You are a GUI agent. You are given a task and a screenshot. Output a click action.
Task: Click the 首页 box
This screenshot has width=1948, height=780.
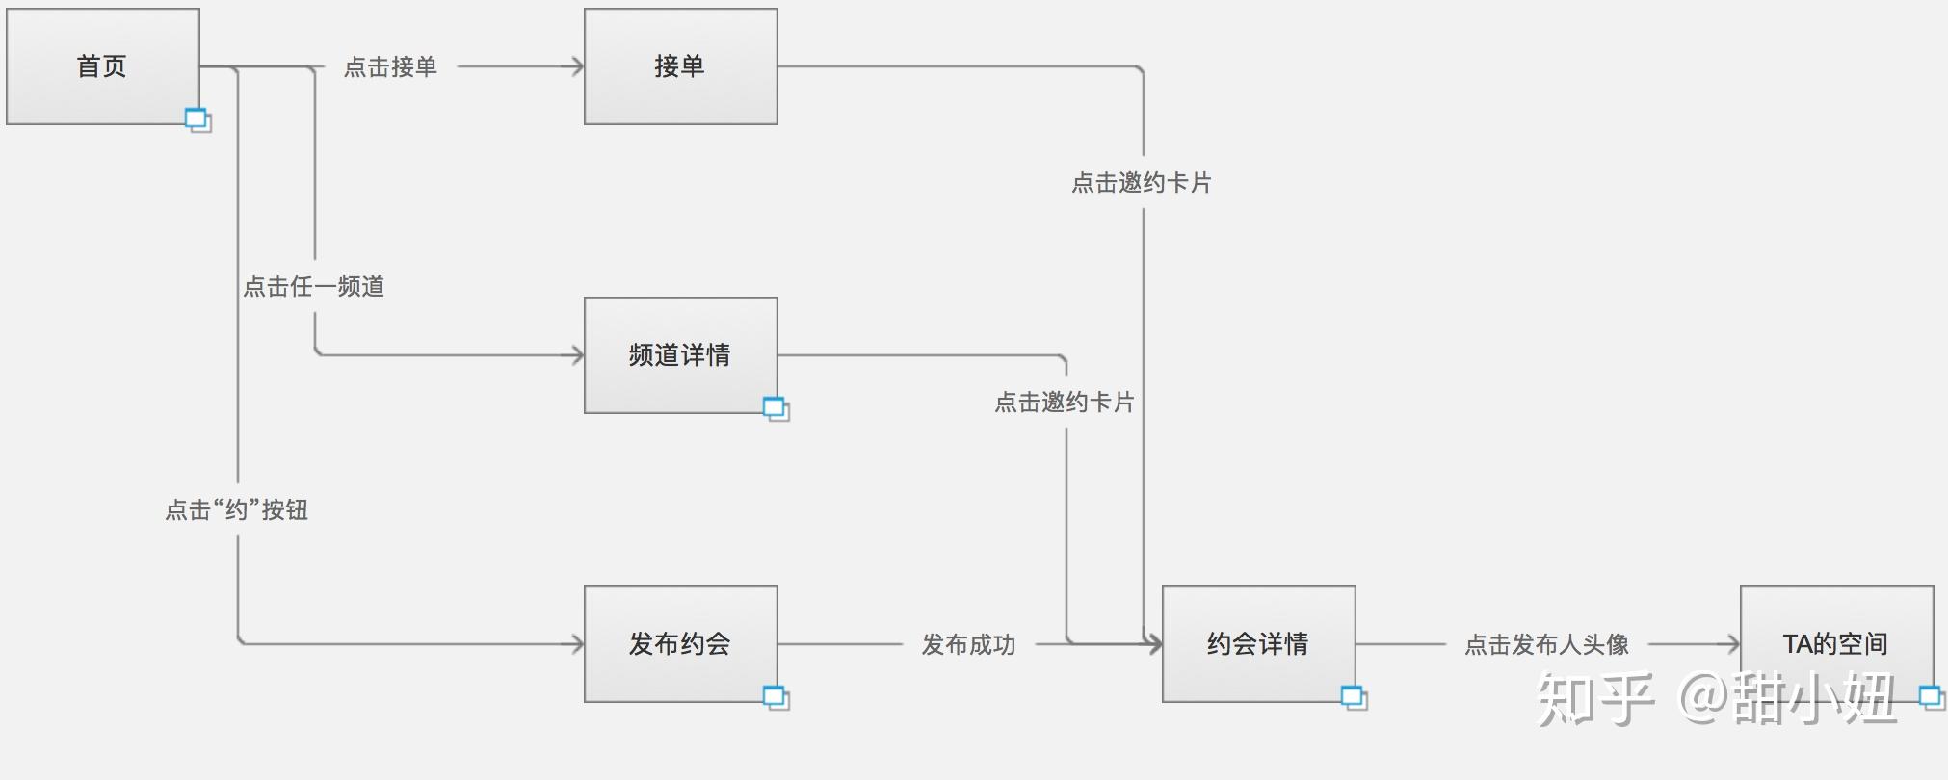pyautogui.click(x=102, y=66)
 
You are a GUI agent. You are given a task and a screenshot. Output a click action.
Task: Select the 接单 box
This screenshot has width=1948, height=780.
pyautogui.click(x=680, y=66)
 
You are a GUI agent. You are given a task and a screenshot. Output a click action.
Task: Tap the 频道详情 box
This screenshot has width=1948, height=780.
pyautogui.click(x=680, y=355)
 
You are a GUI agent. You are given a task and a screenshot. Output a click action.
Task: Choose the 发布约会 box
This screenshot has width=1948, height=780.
pyautogui.click(x=680, y=644)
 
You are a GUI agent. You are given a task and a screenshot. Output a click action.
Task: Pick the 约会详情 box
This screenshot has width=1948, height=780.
pyautogui.click(x=1258, y=644)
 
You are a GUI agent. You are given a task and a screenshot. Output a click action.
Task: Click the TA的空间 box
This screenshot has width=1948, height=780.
pyautogui.click(x=1836, y=644)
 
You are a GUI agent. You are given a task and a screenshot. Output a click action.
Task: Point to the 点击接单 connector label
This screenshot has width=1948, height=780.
pyautogui.click(x=390, y=67)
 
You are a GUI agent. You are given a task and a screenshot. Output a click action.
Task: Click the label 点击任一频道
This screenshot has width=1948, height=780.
pyautogui.click(x=314, y=287)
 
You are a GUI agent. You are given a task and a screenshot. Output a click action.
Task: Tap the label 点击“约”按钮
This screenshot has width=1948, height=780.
pyautogui.click(x=237, y=510)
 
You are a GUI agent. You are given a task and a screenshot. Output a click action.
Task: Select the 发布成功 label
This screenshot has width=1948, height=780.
pyautogui.click(x=968, y=645)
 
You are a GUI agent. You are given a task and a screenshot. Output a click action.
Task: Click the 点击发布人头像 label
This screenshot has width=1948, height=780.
pyautogui.click(x=1546, y=645)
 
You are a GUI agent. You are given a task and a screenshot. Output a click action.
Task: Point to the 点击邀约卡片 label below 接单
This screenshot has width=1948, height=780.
pyautogui.click(x=1142, y=183)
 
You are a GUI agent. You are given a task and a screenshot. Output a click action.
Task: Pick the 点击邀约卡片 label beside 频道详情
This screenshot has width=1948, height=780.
pyautogui.click(x=1065, y=403)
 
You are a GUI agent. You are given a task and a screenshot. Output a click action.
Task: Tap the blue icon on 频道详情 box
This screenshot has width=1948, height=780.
pyautogui.click(x=776, y=408)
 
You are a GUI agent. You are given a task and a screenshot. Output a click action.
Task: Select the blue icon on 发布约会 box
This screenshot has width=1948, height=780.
pyautogui.click(x=776, y=697)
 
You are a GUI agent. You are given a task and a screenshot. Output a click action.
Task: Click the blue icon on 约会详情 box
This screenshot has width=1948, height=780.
pyautogui.click(x=1354, y=697)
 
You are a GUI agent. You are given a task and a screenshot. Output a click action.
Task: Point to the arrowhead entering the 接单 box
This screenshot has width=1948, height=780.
pyautogui.click(x=577, y=66)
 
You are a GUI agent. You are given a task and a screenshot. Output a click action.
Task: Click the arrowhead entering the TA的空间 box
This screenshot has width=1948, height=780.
pyautogui.click(x=1733, y=644)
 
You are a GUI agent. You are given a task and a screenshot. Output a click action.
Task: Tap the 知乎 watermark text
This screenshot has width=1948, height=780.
pyautogui.click(x=1595, y=699)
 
